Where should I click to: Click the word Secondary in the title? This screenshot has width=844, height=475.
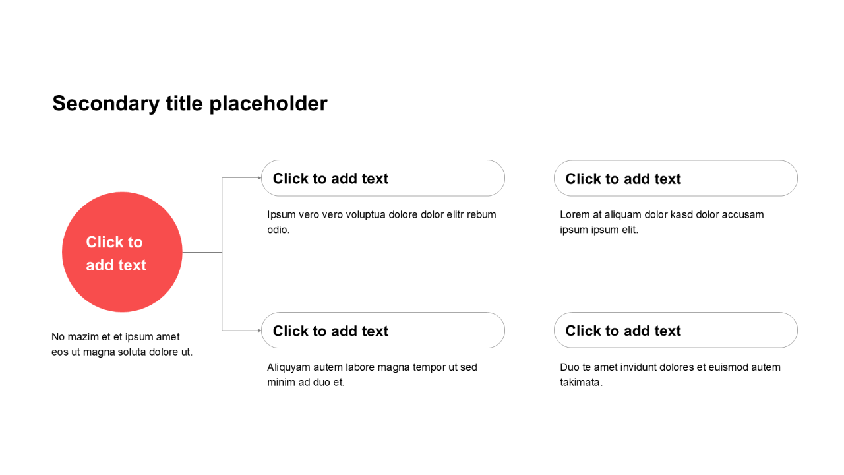[x=106, y=104]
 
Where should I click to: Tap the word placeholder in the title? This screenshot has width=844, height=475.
[x=268, y=104]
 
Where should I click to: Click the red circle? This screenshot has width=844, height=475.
[x=122, y=252]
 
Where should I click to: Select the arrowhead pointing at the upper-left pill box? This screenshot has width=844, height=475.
[x=259, y=178]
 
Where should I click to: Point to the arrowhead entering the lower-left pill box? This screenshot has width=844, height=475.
[x=259, y=331]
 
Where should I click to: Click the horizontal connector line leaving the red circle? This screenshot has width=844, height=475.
[x=202, y=252]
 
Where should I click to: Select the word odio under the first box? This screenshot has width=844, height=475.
[x=277, y=230]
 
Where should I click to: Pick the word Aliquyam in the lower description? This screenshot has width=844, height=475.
[x=288, y=367]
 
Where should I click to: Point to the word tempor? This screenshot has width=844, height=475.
[x=429, y=367]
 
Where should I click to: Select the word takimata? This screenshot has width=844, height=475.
[x=580, y=382]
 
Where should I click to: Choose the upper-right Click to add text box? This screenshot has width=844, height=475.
[x=676, y=178]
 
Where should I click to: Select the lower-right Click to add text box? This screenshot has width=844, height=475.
[x=676, y=331]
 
